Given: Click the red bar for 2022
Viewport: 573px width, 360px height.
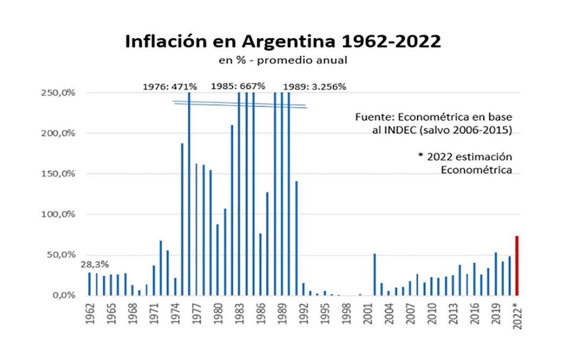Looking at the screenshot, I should click(x=517, y=265).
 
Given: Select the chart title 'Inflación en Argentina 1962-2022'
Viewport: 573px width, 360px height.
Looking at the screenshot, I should click(x=283, y=41).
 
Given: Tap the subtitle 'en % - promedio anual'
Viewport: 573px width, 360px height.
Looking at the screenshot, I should click(x=283, y=60).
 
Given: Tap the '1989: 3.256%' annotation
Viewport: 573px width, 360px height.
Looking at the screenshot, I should click(x=314, y=86).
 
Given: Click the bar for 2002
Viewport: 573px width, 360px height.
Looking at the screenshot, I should click(x=375, y=274).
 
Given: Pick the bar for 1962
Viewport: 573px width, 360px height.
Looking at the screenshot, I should click(x=89, y=284).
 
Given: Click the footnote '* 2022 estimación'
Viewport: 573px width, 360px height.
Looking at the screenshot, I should click(x=467, y=157).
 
